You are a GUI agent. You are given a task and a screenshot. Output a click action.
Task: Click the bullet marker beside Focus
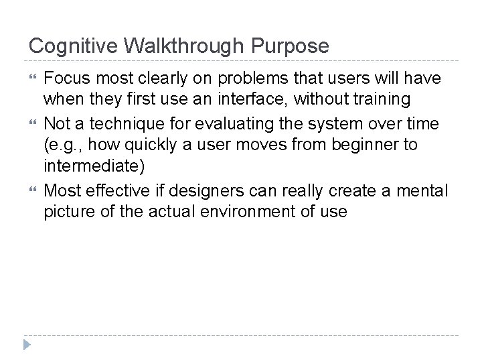coord(33,79)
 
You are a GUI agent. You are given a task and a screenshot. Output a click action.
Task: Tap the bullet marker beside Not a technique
coord(33,124)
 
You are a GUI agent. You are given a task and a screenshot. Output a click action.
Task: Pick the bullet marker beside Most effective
coord(33,191)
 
